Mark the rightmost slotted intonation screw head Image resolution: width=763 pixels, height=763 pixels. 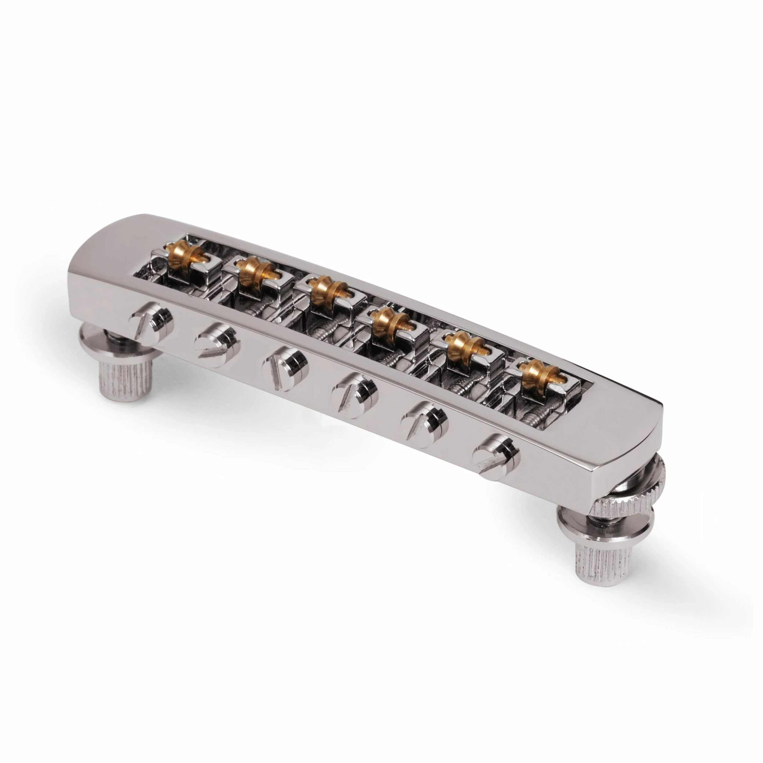tap(497, 454)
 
